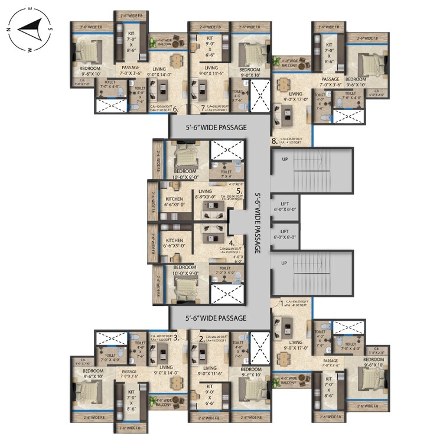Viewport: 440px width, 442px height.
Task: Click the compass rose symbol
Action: pyautogui.click(x=30, y=28)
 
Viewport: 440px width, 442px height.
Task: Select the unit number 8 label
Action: pyautogui.click(x=274, y=141)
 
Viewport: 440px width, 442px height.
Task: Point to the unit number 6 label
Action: pyautogui.click(x=175, y=108)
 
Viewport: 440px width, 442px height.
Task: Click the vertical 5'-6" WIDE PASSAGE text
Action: pyautogui.click(x=258, y=223)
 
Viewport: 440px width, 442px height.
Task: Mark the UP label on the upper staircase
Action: pyautogui.click(x=285, y=160)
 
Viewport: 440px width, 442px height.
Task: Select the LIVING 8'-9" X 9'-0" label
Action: pyautogui.click(x=205, y=195)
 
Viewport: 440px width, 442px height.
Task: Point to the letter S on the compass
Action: pyautogui.click(x=51, y=28)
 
